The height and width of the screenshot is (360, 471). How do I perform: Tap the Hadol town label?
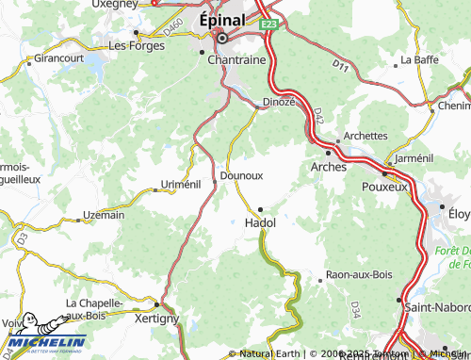259,223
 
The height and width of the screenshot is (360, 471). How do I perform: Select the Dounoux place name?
240,175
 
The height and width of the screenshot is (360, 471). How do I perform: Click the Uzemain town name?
104,215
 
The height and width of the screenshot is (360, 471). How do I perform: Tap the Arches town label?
328,167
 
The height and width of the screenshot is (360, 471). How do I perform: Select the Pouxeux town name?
384,187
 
